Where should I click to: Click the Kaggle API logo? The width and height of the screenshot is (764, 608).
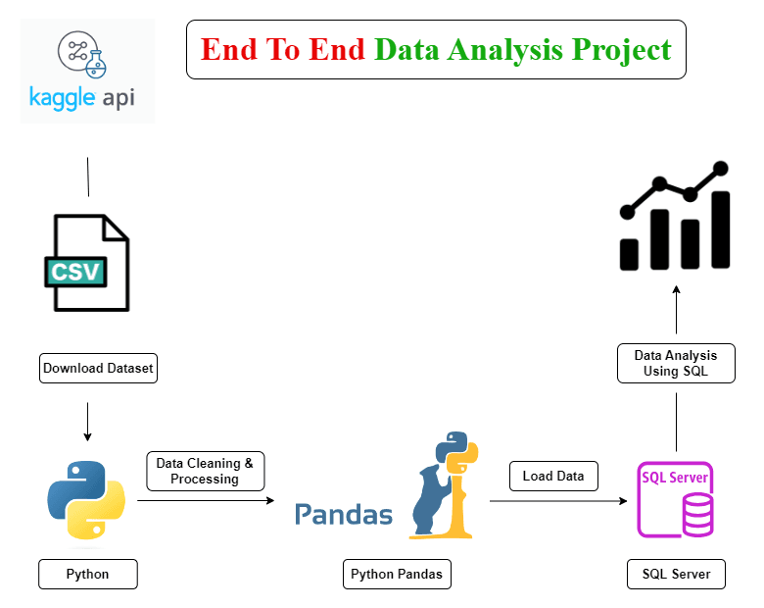[x=87, y=71]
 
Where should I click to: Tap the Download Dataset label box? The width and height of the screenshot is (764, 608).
[x=99, y=369]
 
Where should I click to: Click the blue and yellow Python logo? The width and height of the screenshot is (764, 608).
[x=86, y=499]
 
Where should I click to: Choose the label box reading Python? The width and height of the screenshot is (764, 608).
[x=88, y=574]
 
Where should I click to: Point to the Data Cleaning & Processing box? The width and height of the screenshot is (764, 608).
[x=206, y=471]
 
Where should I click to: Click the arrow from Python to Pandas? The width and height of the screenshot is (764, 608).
[x=206, y=500]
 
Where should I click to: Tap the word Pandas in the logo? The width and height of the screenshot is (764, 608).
[x=344, y=514]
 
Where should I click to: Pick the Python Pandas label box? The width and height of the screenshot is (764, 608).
[x=397, y=574]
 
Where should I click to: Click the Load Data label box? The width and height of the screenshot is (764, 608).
[x=553, y=476]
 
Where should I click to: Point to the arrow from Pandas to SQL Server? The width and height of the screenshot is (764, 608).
[x=558, y=501]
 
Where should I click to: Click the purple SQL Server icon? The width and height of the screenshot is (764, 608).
[x=676, y=498]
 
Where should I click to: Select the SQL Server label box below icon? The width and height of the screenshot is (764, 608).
[x=676, y=574]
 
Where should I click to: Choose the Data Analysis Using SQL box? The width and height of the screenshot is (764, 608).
[x=676, y=363]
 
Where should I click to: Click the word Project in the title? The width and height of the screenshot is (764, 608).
[x=622, y=49]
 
